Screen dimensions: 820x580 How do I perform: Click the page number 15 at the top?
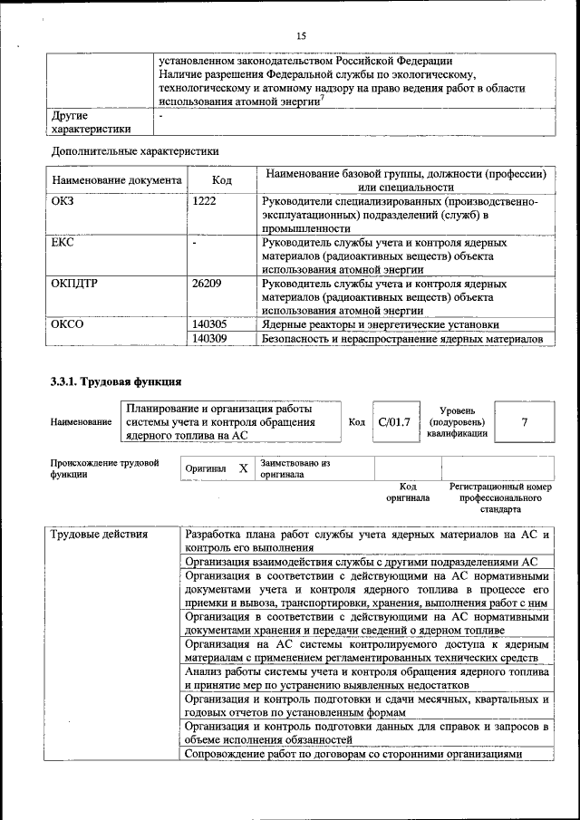(x=301, y=35)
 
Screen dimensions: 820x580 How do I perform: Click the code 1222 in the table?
(x=204, y=201)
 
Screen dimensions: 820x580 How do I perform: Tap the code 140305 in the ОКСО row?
(x=210, y=324)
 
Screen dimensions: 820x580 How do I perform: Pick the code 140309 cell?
(x=210, y=339)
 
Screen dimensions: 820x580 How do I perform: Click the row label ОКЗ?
(x=63, y=201)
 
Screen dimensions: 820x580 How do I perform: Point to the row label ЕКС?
(x=63, y=243)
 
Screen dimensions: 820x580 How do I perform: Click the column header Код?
(x=221, y=180)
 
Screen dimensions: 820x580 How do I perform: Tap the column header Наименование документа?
(x=117, y=180)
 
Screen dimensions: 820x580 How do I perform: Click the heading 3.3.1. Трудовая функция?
(x=116, y=381)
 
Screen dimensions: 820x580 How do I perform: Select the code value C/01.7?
(x=394, y=421)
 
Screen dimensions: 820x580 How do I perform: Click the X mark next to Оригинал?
(x=243, y=468)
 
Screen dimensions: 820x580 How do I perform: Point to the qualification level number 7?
(x=525, y=421)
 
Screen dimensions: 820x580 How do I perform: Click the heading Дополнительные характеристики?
(x=134, y=150)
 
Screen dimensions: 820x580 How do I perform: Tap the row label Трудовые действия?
(x=100, y=534)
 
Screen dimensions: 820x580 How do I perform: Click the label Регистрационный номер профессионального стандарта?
(x=499, y=497)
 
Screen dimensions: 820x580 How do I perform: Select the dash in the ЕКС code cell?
(x=195, y=243)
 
